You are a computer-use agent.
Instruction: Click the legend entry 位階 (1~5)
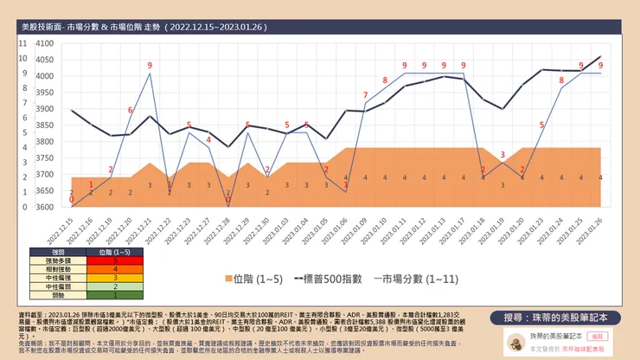tap(254, 280)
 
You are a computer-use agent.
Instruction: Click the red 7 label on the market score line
tap(364, 94)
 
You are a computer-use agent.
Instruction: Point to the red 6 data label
tap(131, 110)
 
